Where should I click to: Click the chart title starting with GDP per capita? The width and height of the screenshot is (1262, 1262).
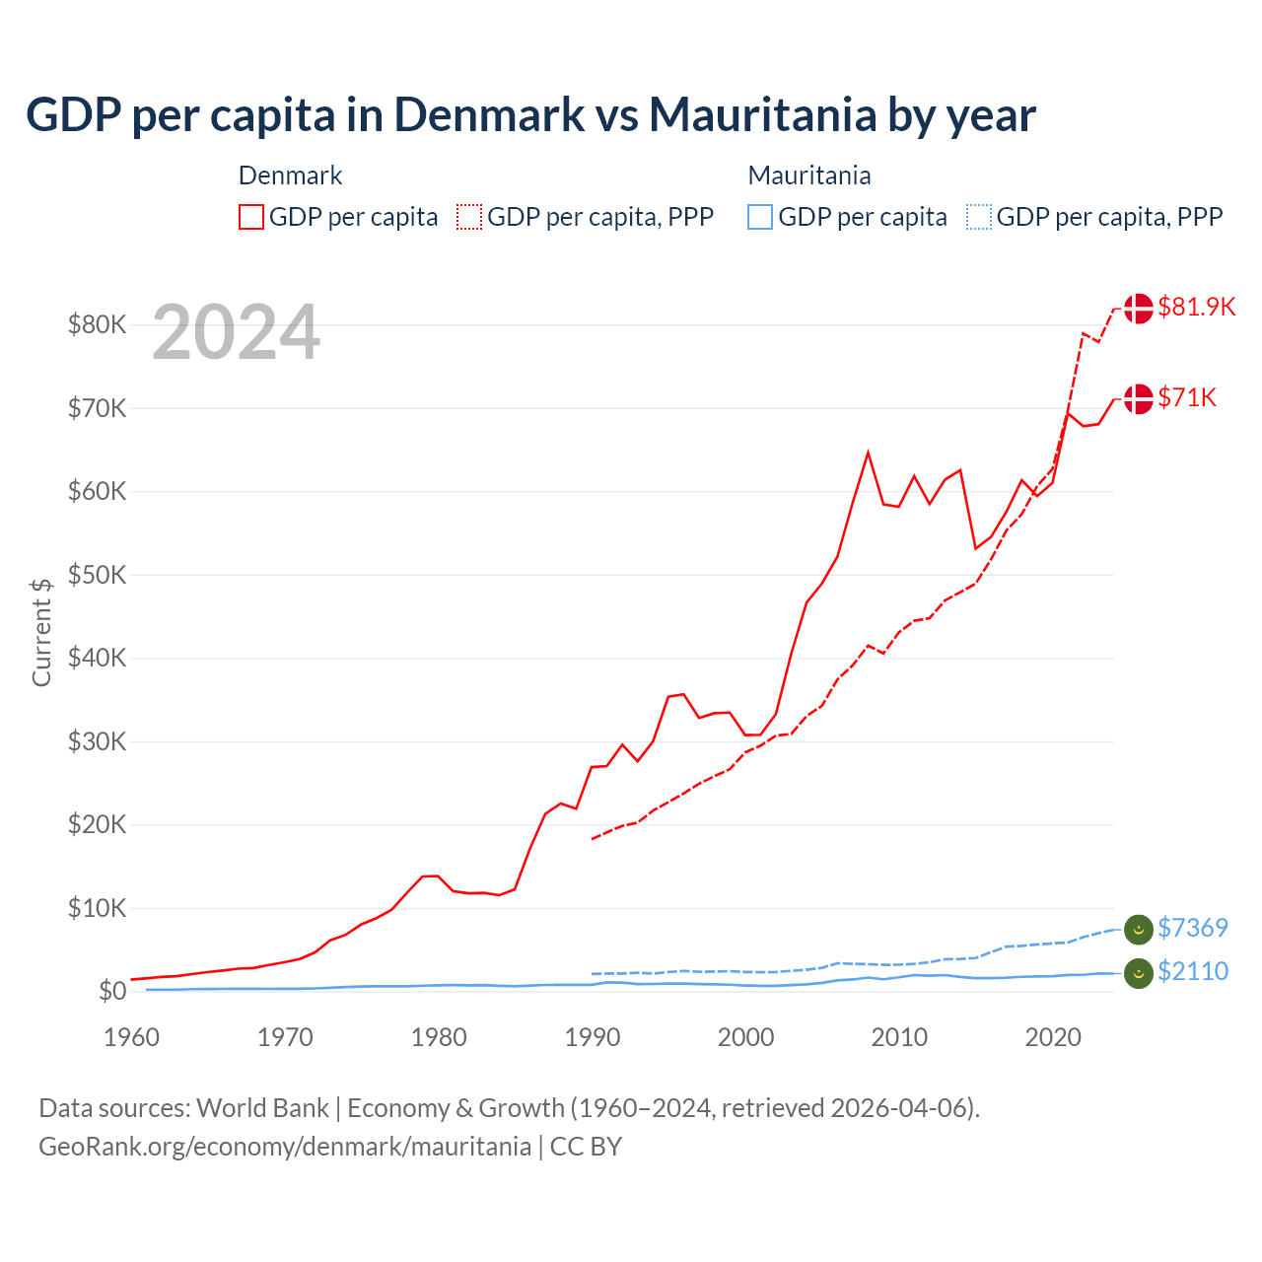coord(530,114)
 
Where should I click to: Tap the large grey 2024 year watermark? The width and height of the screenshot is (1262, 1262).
coord(236,332)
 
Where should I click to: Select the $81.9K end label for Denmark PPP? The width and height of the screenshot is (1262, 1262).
coord(1196,307)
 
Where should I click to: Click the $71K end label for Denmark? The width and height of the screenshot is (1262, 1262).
coord(1187,397)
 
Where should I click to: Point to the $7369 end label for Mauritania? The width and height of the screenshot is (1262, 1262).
coord(1192,928)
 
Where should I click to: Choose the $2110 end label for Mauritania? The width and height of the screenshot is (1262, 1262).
coord(1192,971)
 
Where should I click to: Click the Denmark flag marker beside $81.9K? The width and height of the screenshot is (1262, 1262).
coord(1139,308)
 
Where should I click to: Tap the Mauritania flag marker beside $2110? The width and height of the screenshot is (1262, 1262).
coord(1139,972)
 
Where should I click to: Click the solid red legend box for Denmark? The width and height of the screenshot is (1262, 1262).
coord(251,217)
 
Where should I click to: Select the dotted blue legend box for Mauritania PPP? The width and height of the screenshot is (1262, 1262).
coord(979,217)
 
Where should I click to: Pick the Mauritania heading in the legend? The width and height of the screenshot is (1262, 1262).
coord(809,175)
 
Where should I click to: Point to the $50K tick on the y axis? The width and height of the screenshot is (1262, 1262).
coord(97,575)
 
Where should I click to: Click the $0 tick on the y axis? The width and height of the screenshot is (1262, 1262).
coord(112,991)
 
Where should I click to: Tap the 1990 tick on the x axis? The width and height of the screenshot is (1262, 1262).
coord(593,1037)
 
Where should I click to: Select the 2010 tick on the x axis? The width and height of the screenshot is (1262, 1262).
coord(899,1037)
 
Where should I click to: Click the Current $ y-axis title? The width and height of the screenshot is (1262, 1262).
coord(41,632)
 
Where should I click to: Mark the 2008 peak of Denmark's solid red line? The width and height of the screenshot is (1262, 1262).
coord(868,453)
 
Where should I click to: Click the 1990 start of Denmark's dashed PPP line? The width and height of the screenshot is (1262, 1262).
coord(593,838)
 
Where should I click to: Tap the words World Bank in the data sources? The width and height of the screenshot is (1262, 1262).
coord(262,1108)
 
